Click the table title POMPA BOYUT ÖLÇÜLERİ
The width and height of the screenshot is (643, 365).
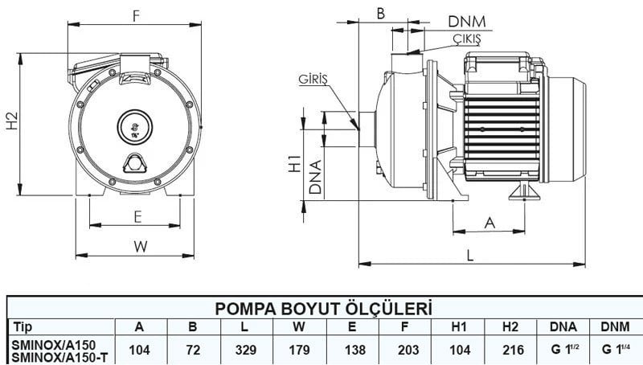(x=321, y=310)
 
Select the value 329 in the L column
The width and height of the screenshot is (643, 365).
(x=247, y=350)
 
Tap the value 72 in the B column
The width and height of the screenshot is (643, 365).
(x=194, y=350)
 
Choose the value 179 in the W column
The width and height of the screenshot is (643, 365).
(x=299, y=350)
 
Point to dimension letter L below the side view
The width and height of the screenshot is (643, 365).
(x=470, y=252)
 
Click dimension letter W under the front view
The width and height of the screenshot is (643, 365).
(x=140, y=246)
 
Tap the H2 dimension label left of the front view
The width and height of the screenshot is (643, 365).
(x=11, y=121)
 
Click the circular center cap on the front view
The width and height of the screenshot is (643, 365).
(x=133, y=125)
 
